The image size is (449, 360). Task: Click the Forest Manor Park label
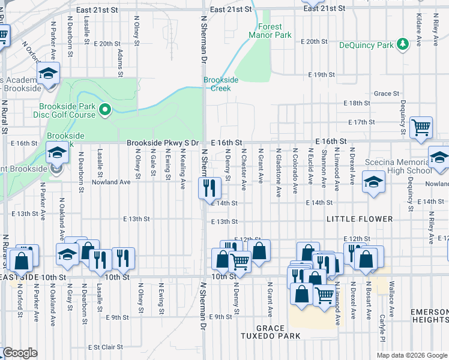click(x=270, y=31)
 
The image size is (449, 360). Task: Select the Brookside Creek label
click(x=217, y=84)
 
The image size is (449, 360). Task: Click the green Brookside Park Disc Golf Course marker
click(x=106, y=109)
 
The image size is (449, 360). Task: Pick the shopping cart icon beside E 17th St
click(x=421, y=127)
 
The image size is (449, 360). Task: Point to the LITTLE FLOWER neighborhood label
click(x=359, y=220)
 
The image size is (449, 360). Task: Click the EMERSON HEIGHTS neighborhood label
click(x=429, y=316)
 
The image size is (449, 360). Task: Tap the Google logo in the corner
click(x=20, y=353)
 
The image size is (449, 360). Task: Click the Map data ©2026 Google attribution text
click(x=412, y=355)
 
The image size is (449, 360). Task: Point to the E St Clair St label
click(x=105, y=347)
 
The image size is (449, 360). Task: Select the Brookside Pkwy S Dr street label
click(x=162, y=143)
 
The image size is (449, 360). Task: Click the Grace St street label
click(x=387, y=94)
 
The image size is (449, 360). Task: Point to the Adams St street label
click(x=121, y=59)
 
